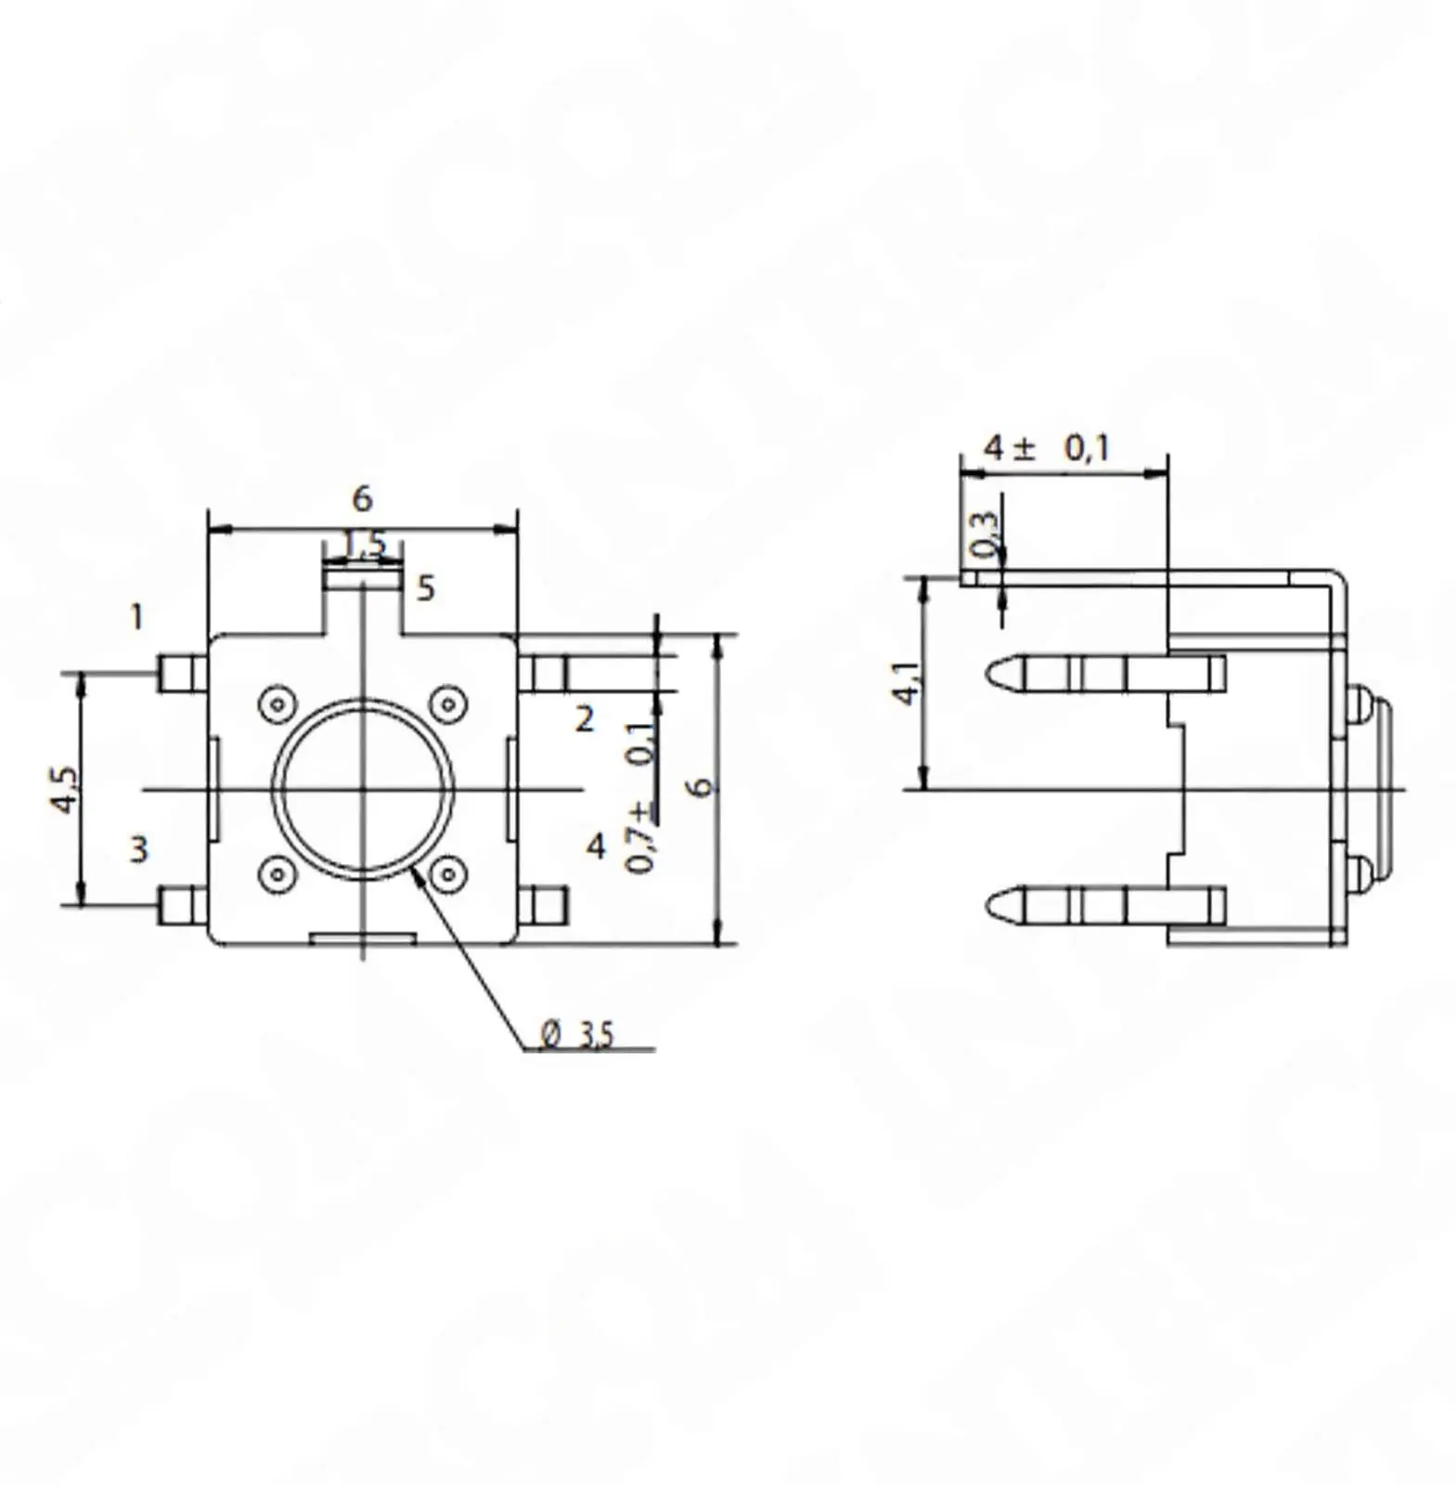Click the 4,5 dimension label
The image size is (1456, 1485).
(x=65, y=790)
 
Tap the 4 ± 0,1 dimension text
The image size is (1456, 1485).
(x=1047, y=448)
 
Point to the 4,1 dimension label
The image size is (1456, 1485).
(x=908, y=682)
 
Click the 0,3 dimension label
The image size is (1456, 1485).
(x=985, y=536)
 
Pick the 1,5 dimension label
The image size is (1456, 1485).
(x=365, y=543)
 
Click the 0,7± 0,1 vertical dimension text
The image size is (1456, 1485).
(x=640, y=797)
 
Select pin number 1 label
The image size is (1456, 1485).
(x=137, y=617)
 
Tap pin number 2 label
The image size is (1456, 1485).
(x=584, y=718)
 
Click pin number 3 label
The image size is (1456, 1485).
(x=138, y=849)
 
